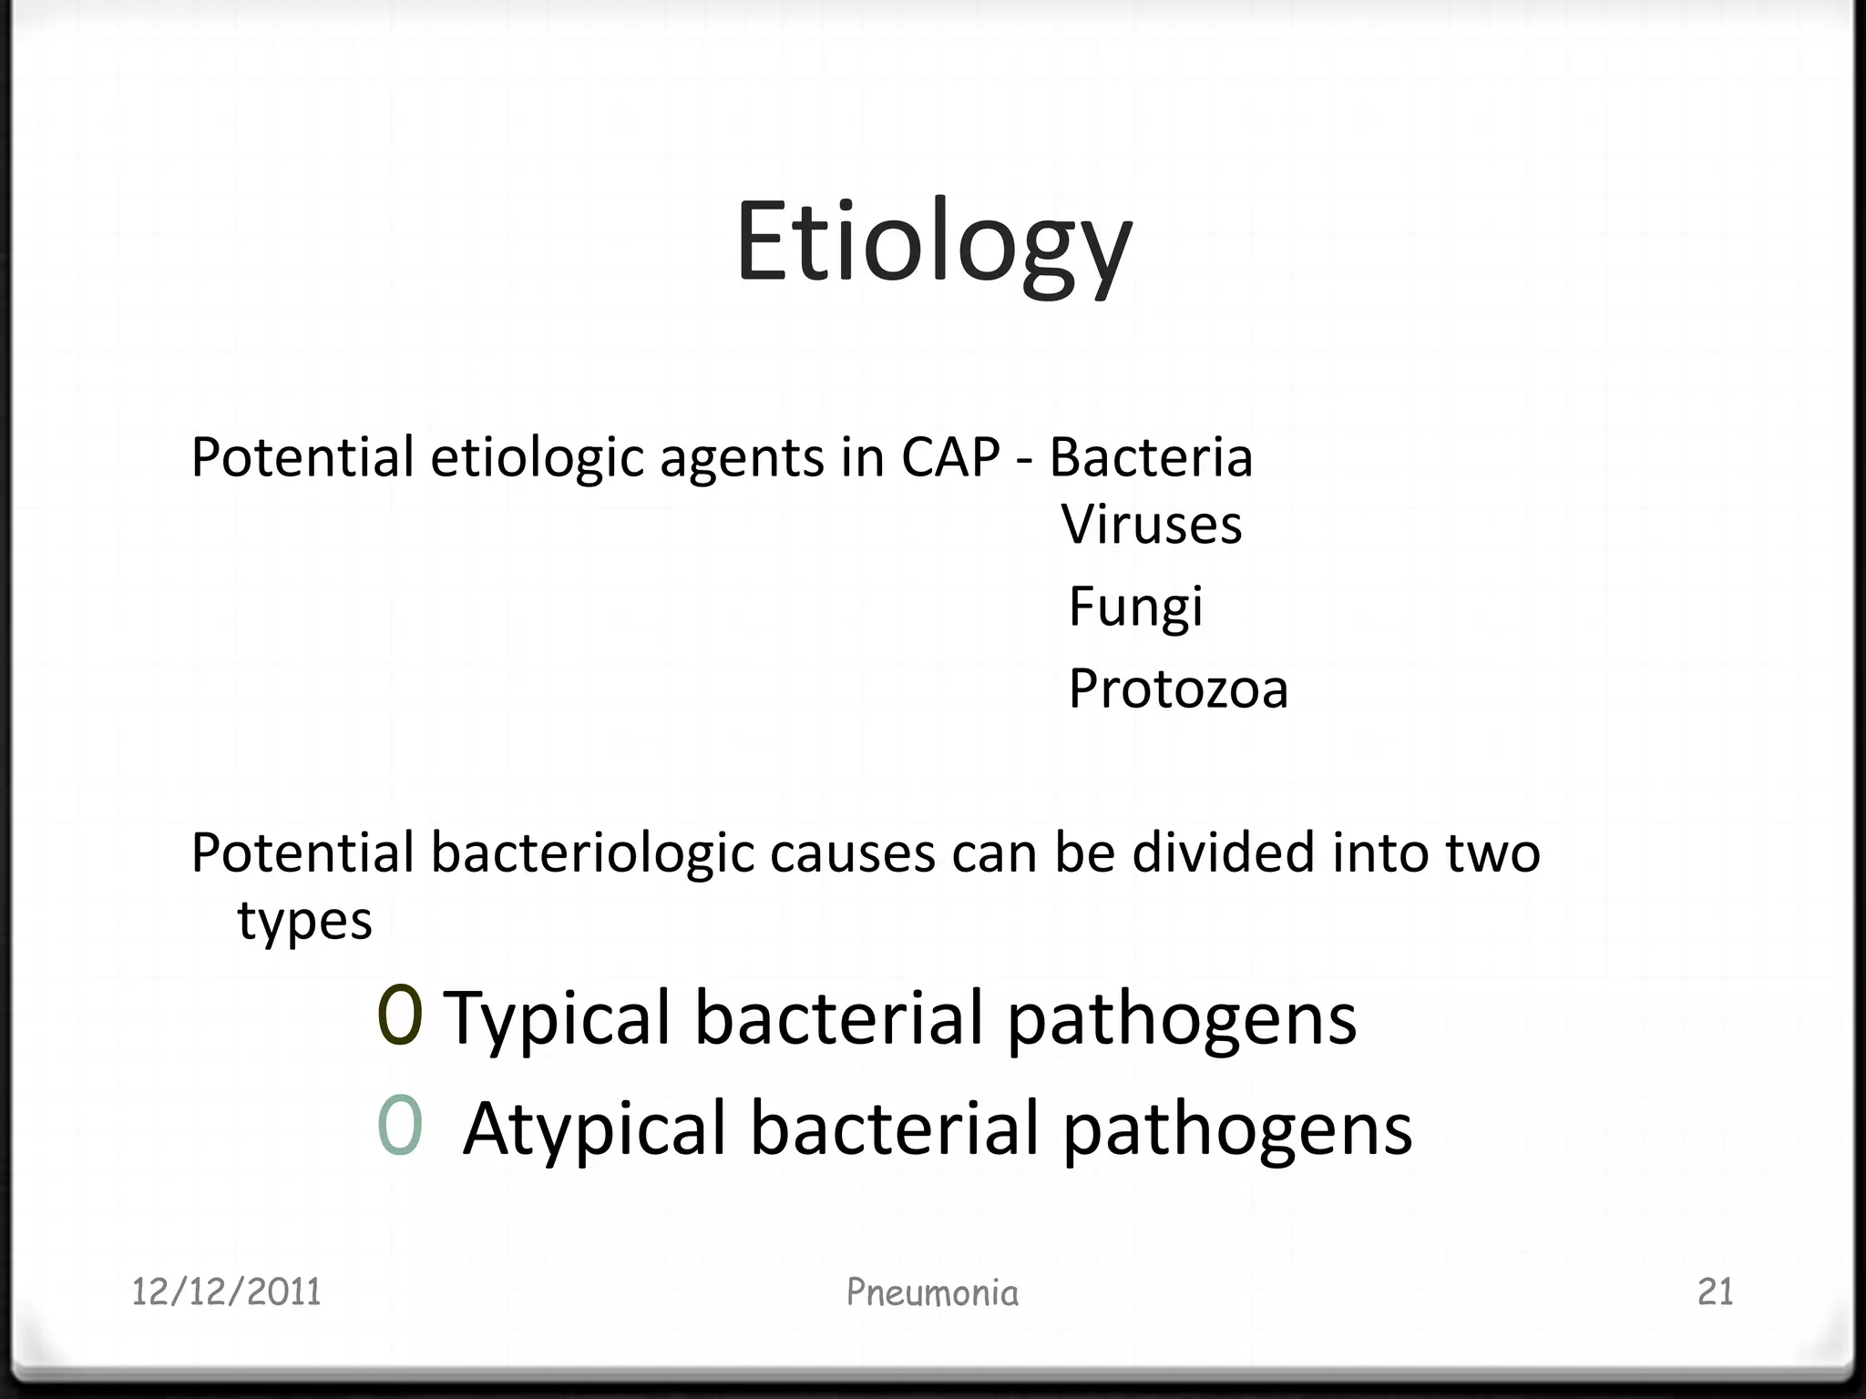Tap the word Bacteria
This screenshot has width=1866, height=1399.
[x=1151, y=457]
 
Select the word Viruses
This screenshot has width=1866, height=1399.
[x=1152, y=526]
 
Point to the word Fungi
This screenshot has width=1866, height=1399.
[x=1135, y=608]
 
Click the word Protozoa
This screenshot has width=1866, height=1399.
[x=1178, y=689]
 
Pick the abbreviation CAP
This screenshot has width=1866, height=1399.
[x=950, y=457]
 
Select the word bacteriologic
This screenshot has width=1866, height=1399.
[x=592, y=854]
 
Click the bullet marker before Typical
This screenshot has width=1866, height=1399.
[x=400, y=1016]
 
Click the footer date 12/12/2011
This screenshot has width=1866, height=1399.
[x=226, y=1292]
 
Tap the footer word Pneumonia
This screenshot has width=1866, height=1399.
[x=932, y=1292]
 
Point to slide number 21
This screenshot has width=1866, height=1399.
[x=1715, y=1292]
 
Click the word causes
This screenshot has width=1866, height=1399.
[x=852, y=854]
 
